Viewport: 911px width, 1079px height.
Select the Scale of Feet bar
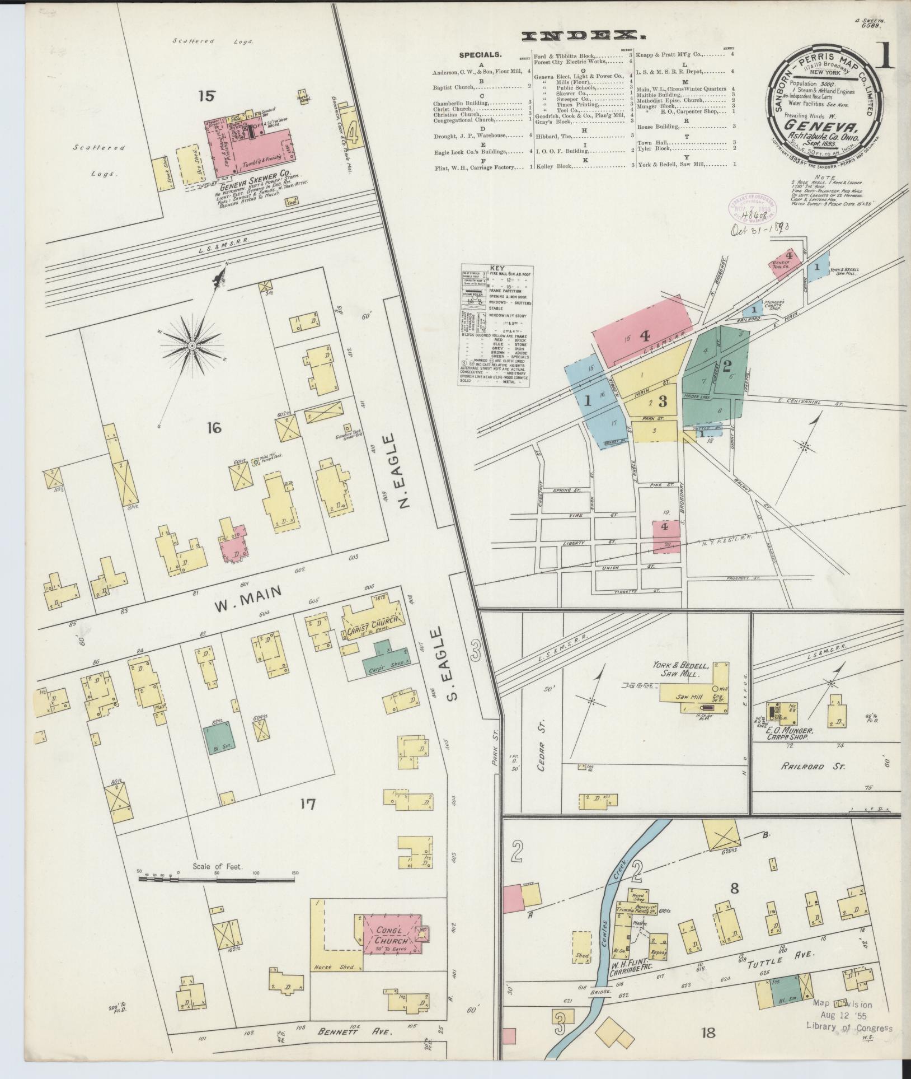(216, 880)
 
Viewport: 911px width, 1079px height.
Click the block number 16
(213, 429)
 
